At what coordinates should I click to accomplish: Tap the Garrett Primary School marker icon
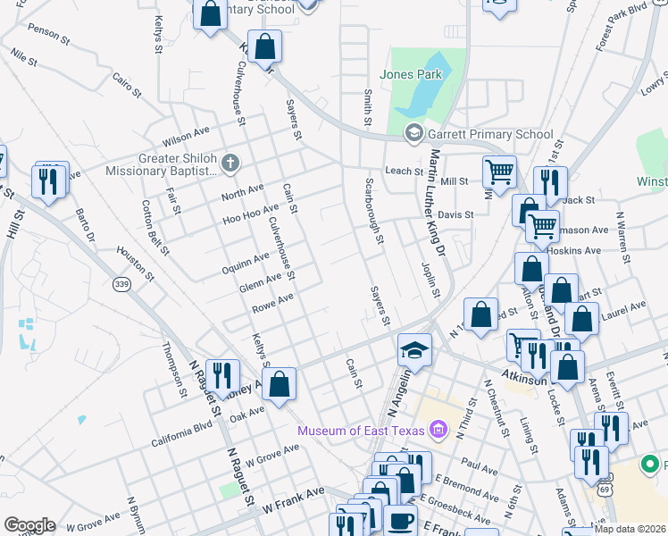(x=413, y=135)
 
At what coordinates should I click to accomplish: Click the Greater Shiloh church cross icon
(x=230, y=163)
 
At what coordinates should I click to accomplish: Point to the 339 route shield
(x=121, y=283)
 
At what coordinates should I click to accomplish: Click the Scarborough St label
(x=374, y=211)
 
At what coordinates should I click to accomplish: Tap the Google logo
(x=29, y=525)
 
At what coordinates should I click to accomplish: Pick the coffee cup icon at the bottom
(x=400, y=519)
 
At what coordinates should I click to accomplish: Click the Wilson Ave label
(x=185, y=139)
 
